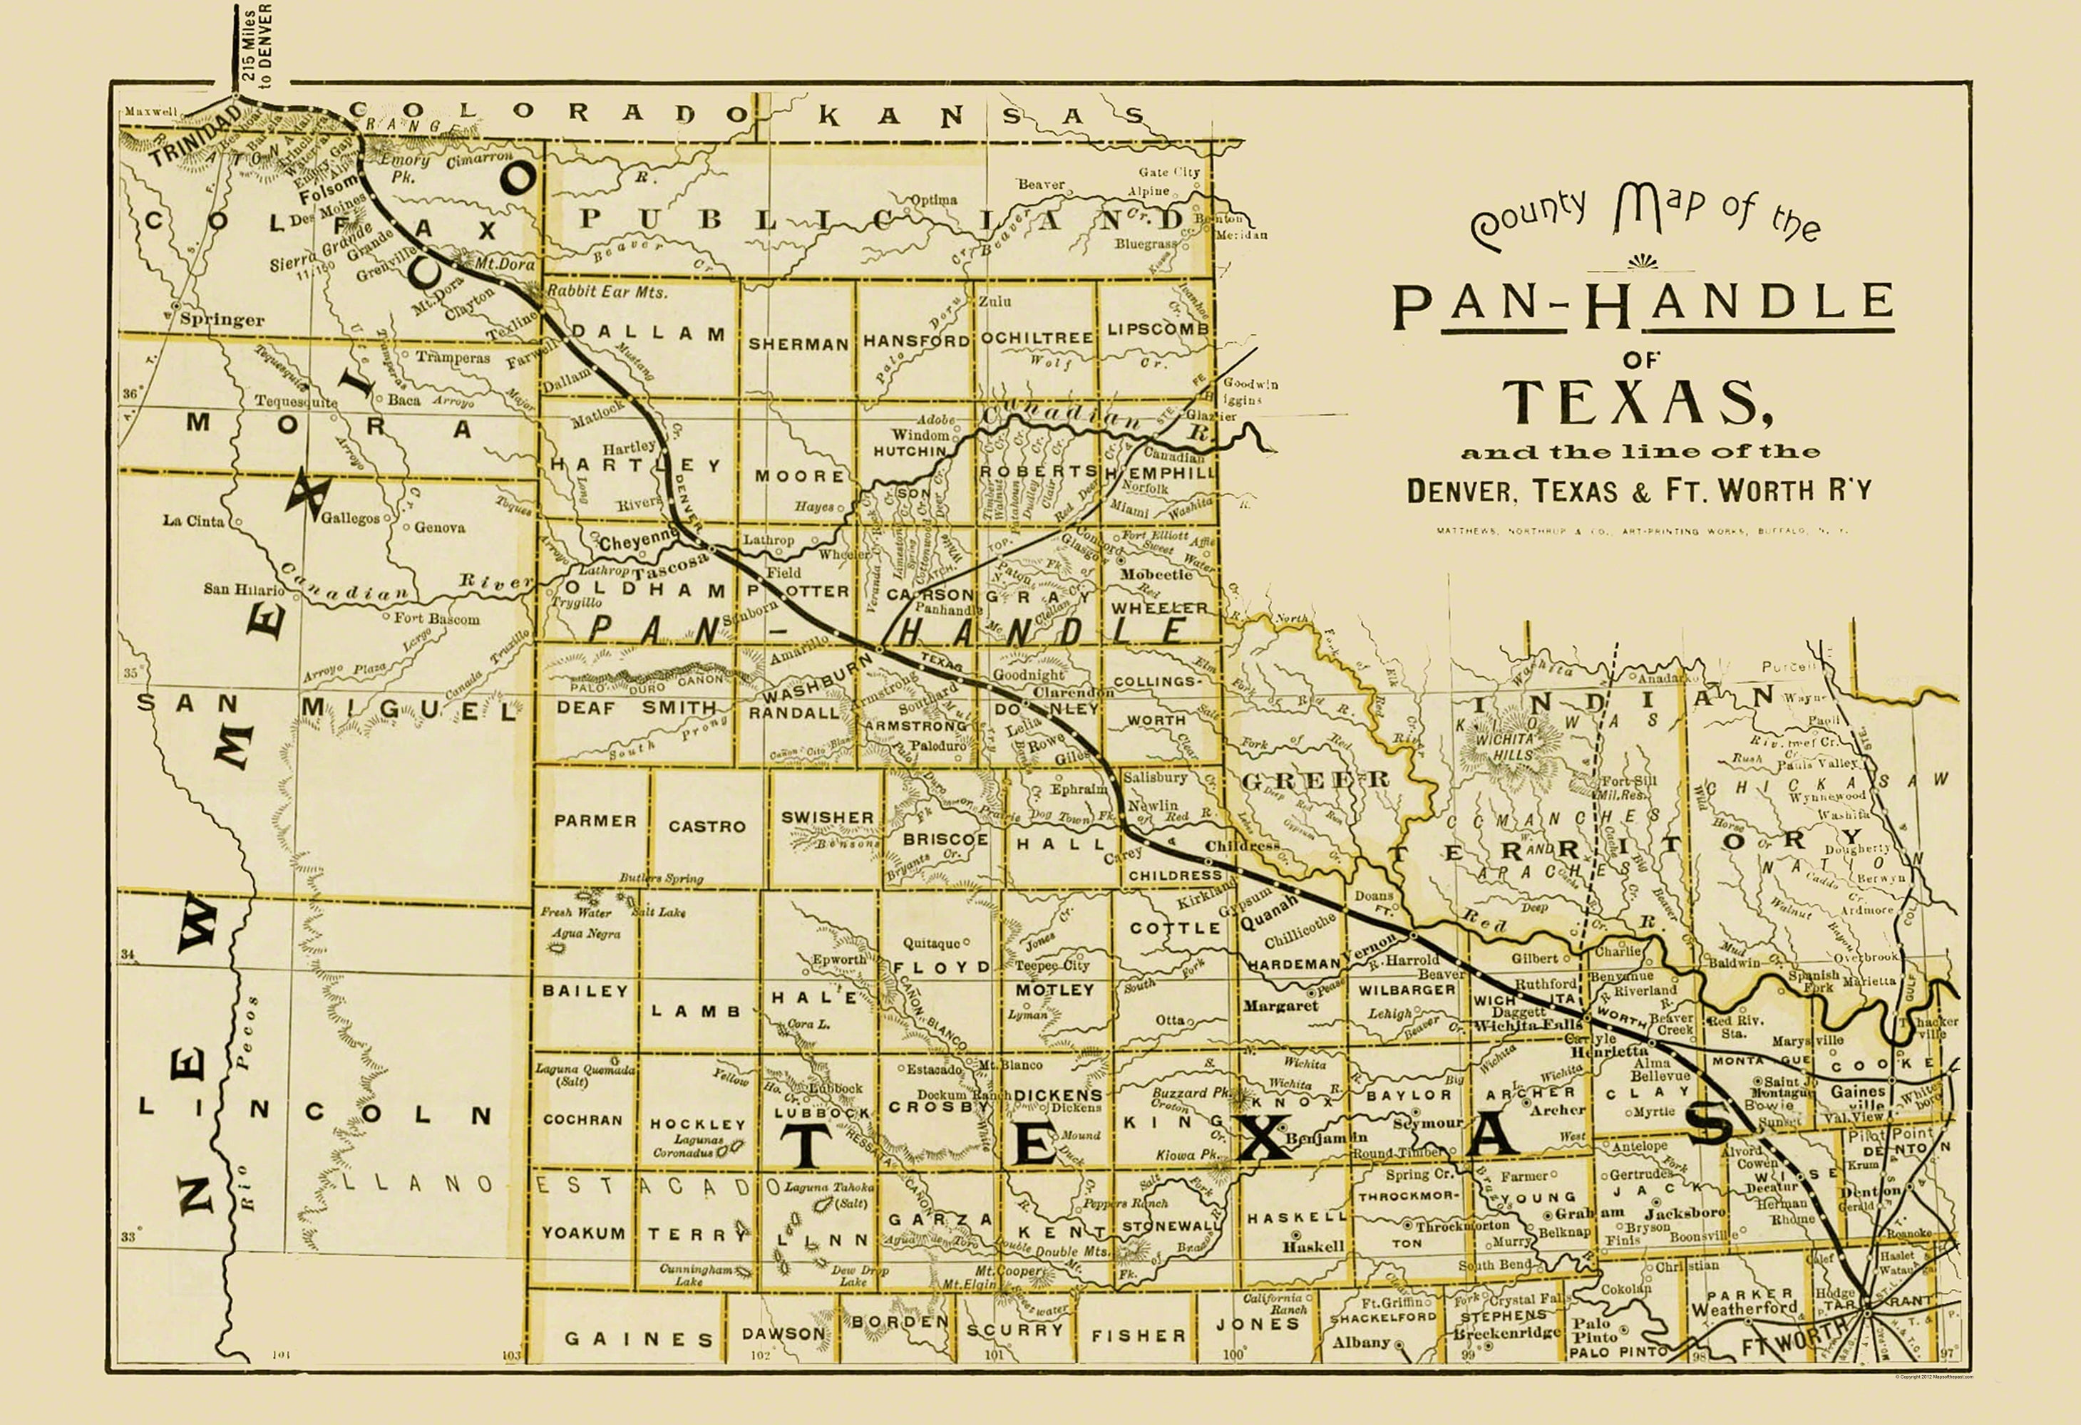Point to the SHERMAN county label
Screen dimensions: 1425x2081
798,343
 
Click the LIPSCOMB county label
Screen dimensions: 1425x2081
1157,329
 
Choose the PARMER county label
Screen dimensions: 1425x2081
595,821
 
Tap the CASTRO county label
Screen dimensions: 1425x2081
706,826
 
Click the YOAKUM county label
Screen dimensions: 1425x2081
583,1233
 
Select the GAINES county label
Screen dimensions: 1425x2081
639,1339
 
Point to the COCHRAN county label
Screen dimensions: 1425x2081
582,1120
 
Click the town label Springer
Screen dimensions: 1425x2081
221,319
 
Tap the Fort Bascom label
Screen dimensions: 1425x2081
436,618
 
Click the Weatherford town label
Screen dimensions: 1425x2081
1743,1309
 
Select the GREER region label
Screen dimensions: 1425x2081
1314,780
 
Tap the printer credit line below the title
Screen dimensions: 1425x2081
1643,531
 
